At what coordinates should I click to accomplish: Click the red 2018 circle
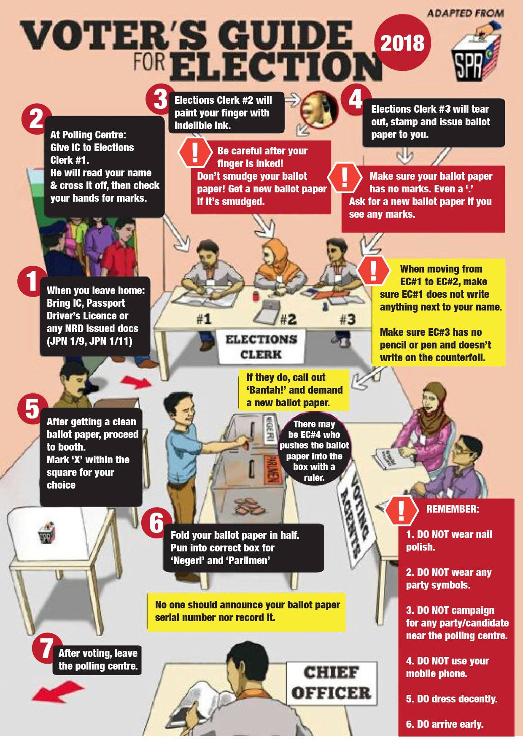click(402, 43)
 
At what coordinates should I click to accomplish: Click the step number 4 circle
click(356, 100)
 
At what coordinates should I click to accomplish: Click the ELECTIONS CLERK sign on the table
click(261, 346)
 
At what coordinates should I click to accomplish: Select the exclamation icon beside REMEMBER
click(401, 510)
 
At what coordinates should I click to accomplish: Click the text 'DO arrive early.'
click(450, 724)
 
